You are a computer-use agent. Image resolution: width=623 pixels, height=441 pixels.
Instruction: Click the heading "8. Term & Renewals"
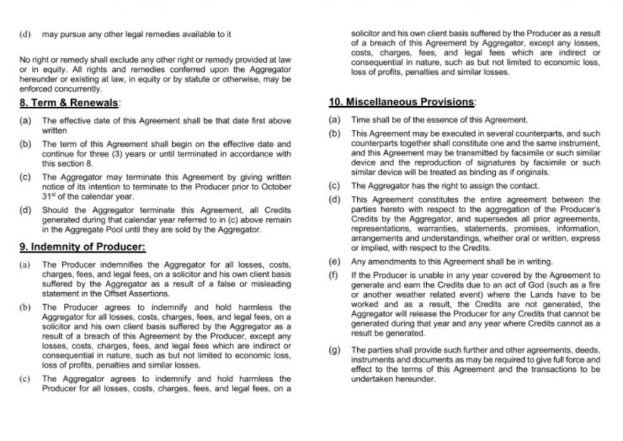tap(69, 103)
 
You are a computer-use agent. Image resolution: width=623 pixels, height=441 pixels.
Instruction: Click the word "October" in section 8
tap(275, 187)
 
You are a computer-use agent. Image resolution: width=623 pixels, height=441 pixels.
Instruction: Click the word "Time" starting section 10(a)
tap(361, 120)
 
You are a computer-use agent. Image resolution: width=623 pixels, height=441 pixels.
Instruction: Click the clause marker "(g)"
tap(334, 350)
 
